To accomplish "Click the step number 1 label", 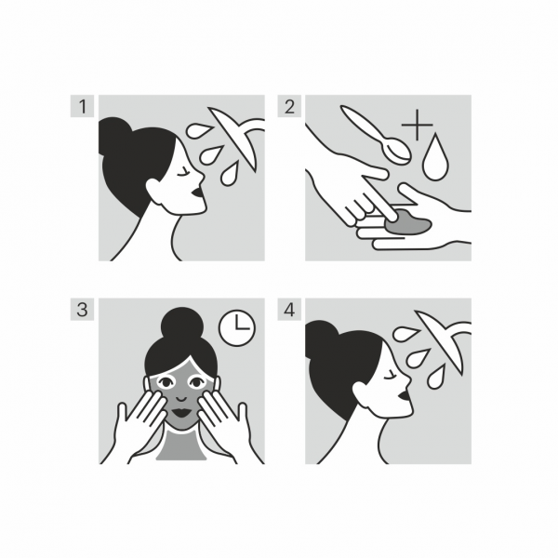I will click(x=83, y=106).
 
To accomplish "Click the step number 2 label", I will click(x=289, y=106).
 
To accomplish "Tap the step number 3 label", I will click(x=83, y=310).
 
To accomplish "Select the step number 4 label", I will click(x=289, y=310).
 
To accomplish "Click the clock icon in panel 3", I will click(x=238, y=327).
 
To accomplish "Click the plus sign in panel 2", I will click(x=417, y=125).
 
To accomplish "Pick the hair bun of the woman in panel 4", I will click(x=321, y=339).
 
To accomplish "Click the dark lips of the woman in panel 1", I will click(x=196, y=196).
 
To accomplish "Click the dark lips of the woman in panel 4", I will click(x=404, y=400).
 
